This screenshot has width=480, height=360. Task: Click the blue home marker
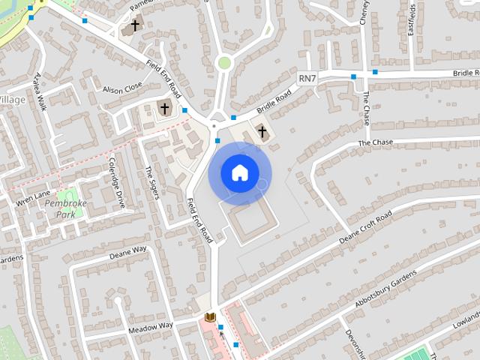pos(239,172)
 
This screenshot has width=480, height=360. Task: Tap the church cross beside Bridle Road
pos(262,132)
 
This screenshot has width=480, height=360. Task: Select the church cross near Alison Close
pos(164,109)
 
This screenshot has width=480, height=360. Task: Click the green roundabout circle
pos(223,63)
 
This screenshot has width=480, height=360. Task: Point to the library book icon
pos(210,317)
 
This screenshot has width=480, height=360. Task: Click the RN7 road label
pos(307,78)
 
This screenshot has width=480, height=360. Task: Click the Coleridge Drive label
pos(118,182)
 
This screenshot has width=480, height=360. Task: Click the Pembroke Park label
pos(62,208)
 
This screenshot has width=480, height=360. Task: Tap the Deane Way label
pos(127,251)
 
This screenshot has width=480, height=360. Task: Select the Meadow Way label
pos(150,325)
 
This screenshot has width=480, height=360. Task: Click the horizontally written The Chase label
pos(375,142)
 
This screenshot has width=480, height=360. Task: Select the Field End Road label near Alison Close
pos(164,79)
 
